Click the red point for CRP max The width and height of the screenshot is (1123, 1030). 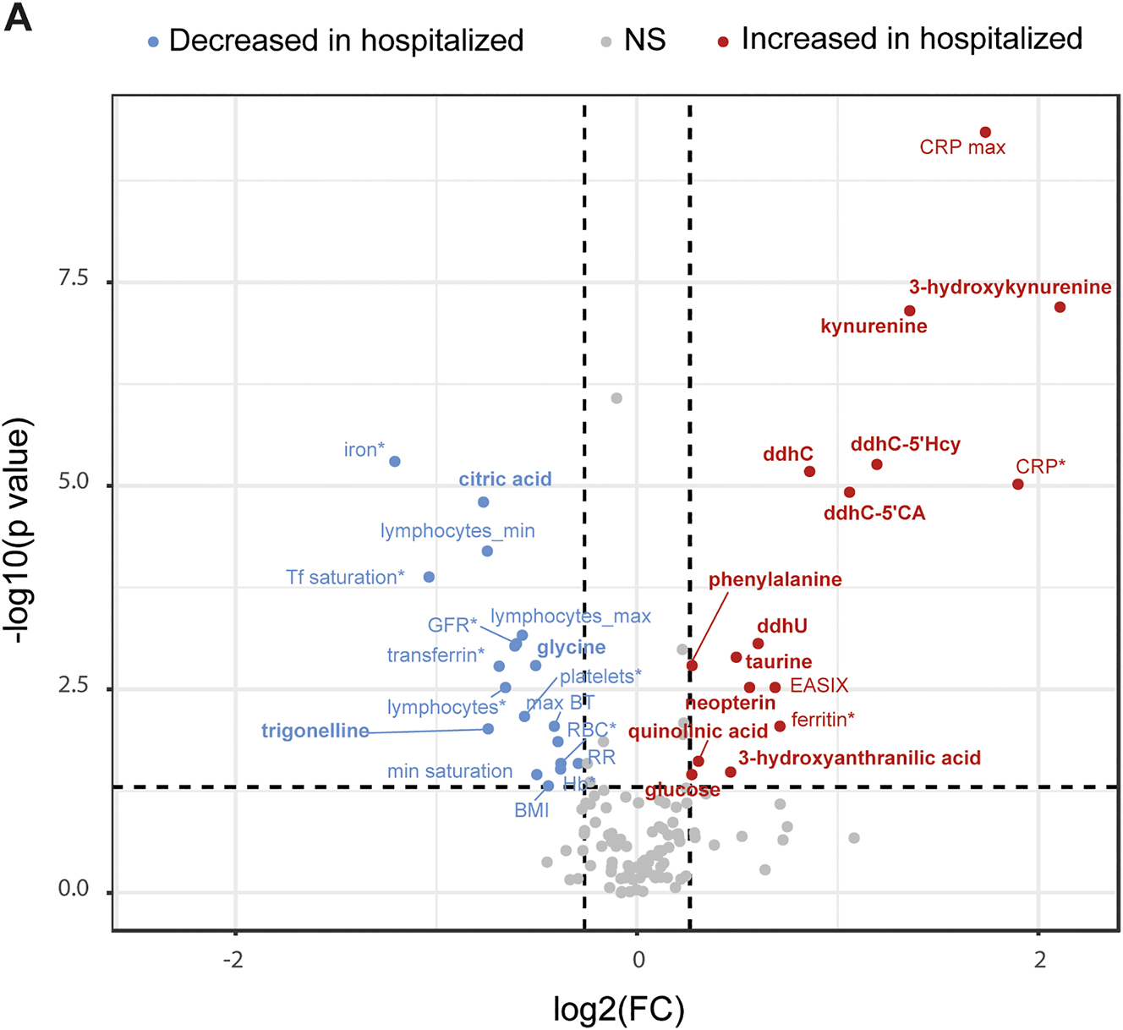[x=985, y=133]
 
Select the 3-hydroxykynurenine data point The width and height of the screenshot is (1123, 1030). [x=1060, y=307]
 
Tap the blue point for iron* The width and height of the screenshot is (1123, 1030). [x=394, y=462]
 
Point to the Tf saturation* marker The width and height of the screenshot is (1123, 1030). [x=429, y=578]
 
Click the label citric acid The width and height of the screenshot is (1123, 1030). [x=505, y=479]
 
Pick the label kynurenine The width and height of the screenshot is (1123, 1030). [x=874, y=326]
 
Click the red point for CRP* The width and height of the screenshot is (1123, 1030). [x=1017, y=485]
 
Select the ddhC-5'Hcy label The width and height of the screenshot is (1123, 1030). [x=905, y=444]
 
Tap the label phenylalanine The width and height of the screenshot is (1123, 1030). [x=775, y=579]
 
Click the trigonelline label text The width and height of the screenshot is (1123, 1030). [x=315, y=731]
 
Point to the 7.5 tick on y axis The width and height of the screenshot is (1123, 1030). [x=74, y=279]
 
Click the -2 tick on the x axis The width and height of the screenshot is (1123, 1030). [x=233, y=959]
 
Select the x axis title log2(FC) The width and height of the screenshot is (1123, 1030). [x=618, y=1009]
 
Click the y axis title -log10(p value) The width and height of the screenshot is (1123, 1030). [x=19, y=530]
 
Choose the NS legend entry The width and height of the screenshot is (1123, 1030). [x=644, y=40]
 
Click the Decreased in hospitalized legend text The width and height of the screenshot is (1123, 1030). [x=346, y=40]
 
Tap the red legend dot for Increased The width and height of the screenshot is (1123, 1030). [x=723, y=41]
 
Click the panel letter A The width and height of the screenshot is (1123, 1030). [x=18, y=18]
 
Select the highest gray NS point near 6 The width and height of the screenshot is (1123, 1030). [x=616, y=398]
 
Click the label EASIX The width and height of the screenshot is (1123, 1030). [x=819, y=685]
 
